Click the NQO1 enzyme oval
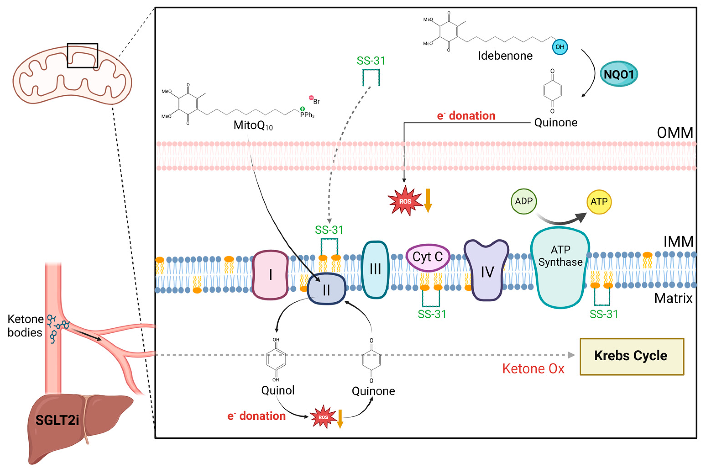[619, 74]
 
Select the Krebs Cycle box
[632, 356]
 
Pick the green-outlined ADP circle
[523, 201]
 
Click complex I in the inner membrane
[270, 274]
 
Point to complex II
[326, 289]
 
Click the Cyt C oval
[428, 257]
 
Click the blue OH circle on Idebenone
[560, 47]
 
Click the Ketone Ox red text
[533, 369]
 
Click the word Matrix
[673, 298]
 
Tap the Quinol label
[278, 390]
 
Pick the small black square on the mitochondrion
[82, 55]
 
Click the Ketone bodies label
[25, 326]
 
